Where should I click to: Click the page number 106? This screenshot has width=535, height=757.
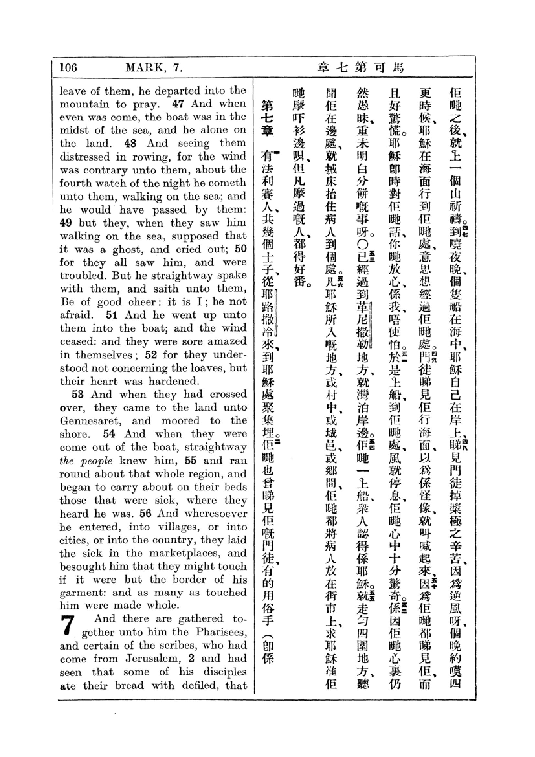pyautogui.click(x=68, y=68)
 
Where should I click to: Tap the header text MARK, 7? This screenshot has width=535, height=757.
pyautogui.click(x=154, y=68)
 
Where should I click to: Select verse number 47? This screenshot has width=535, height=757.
pyautogui.click(x=178, y=104)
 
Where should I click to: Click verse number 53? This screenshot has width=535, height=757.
pyautogui.click(x=77, y=394)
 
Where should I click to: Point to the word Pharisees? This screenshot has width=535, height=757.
pyautogui.click(x=221, y=632)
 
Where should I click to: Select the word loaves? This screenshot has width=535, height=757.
pyautogui.click(x=199, y=368)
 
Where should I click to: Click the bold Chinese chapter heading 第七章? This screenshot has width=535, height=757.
pyautogui.click(x=268, y=119)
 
